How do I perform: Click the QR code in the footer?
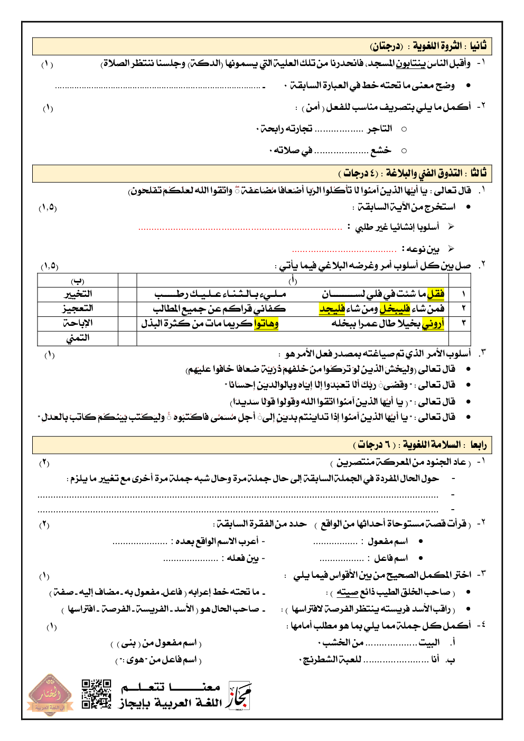pyautogui.click(x=96, y=693)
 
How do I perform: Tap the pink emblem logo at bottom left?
pyautogui.click(x=49, y=695)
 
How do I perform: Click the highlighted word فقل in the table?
pyautogui.click(x=436, y=294)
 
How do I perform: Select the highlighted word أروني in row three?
pyautogui.click(x=433, y=323)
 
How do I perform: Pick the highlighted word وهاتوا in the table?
pyautogui.click(x=266, y=323)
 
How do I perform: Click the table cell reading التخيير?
pyautogui.click(x=78, y=294)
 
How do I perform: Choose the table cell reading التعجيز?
pyautogui.click(x=78, y=308)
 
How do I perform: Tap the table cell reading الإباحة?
pyautogui.click(x=78, y=323)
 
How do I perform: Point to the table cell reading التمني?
pyautogui.click(x=78, y=338)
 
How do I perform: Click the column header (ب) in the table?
pyautogui.click(x=78, y=280)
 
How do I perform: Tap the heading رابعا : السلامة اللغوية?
pyautogui.click(x=420, y=445)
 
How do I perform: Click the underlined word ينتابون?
pyautogui.click(x=410, y=64)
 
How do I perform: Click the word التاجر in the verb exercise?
pyautogui.click(x=380, y=129)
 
